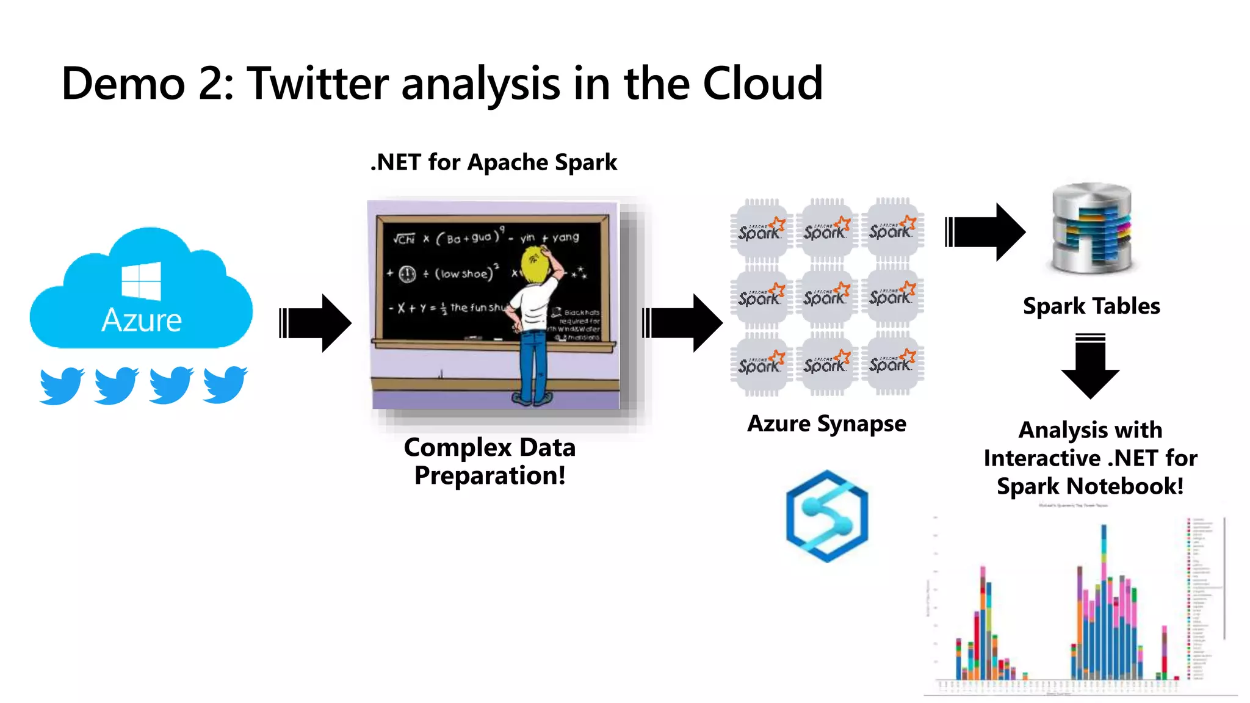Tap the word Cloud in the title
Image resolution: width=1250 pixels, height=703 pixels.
click(x=762, y=84)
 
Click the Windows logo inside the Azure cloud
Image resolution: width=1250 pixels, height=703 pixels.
click(x=141, y=281)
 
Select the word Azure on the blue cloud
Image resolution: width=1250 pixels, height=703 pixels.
click(x=142, y=320)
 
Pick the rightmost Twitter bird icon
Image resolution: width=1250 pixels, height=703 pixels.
click(x=225, y=384)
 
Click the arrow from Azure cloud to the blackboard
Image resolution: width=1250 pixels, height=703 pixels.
click(x=316, y=323)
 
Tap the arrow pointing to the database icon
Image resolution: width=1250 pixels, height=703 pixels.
click(x=984, y=232)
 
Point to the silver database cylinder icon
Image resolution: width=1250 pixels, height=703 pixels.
click(x=1091, y=229)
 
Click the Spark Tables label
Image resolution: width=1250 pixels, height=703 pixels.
click(x=1091, y=306)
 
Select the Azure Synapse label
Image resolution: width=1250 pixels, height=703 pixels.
click(x=826, y=424)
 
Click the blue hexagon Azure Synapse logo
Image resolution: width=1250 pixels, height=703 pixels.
click(x=827, y=516)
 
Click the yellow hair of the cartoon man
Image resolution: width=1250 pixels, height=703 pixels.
click(x=536, y=264)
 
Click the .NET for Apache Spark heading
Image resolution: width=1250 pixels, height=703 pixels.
click(x=494, y=162)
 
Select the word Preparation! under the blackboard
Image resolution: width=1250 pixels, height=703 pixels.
click(x=490, y=476)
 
